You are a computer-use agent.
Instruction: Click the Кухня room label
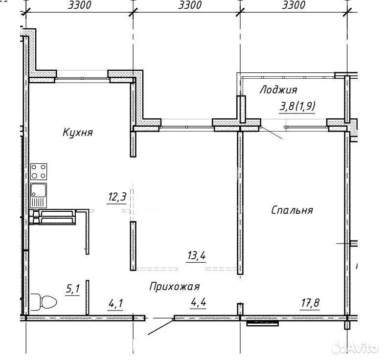pos(78,133)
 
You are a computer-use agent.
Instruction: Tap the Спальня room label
pos(292,210)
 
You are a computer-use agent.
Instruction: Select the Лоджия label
pos(278,90)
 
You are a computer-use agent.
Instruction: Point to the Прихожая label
pos(174,287)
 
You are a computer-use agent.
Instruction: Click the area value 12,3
pos(117,197)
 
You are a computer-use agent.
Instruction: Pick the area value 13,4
pos(197,256)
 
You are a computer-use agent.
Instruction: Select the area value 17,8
pos(310,303)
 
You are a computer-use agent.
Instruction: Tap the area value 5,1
pos(73,289)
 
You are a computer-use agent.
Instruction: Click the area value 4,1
pos(115,304)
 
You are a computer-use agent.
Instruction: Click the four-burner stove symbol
pos(39,171)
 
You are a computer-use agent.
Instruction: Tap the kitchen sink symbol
pos(39,196)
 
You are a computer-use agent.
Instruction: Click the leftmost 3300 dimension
pos(79,5)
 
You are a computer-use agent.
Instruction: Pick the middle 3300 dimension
pos(190,5)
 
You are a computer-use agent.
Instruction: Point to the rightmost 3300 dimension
pos(294,5)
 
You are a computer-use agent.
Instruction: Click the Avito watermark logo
pos(355,348)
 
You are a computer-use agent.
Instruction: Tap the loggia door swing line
pos(271,133)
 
